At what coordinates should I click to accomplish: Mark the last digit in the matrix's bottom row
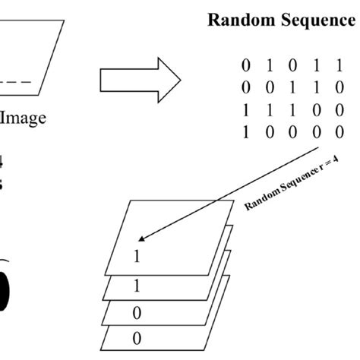click(x=339, y=131)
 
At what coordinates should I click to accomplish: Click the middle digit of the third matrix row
click(x=291, y=110)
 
